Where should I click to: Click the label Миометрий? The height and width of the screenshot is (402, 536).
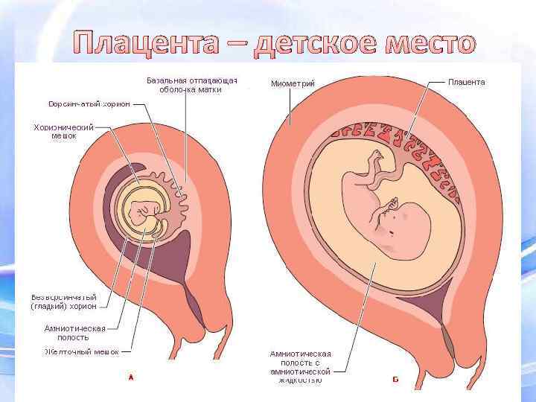point(293,83)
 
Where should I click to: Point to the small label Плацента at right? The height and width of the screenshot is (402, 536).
point(466,82)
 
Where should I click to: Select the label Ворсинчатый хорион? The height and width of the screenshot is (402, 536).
point(89,103)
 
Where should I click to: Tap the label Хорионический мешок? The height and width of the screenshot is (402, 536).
point(64,132)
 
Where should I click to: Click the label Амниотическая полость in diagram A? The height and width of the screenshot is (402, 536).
point(75,332)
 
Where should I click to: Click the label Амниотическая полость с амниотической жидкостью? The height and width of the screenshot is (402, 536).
point(300,366)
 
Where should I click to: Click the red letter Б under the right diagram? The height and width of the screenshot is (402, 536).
point(395,380)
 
